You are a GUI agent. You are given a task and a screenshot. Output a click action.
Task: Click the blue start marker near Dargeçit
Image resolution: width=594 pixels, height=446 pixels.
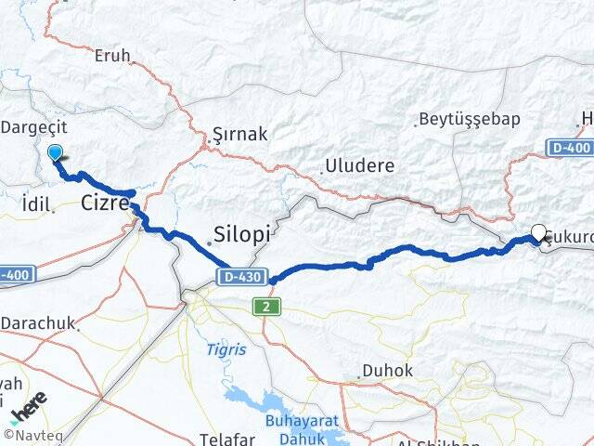point(55,153)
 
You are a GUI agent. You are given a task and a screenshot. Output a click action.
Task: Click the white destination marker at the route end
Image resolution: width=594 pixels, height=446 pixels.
point(538,234)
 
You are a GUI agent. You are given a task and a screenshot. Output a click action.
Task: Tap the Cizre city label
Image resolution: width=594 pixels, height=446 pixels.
point(104,203)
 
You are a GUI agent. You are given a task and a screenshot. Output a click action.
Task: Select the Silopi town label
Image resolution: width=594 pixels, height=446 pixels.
point(242,234)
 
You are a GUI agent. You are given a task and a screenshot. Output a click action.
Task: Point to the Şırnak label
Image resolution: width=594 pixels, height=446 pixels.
point(240,134)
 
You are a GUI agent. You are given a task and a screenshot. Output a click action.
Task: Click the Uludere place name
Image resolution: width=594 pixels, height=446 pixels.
point(360,166)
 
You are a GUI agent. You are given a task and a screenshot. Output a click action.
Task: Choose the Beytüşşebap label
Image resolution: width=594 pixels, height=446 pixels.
point(470,119)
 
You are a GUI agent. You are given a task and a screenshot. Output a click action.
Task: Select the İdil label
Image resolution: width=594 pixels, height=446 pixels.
point(37,203)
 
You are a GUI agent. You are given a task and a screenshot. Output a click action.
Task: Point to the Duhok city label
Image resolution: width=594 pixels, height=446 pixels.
point(387,371)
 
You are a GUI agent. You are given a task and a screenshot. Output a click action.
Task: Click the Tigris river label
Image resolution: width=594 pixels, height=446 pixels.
point(226,349)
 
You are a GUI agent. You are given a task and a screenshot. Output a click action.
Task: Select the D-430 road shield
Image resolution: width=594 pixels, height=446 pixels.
point(244,277)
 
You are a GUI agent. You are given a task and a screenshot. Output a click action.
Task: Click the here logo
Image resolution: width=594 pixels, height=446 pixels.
point(29,410)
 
